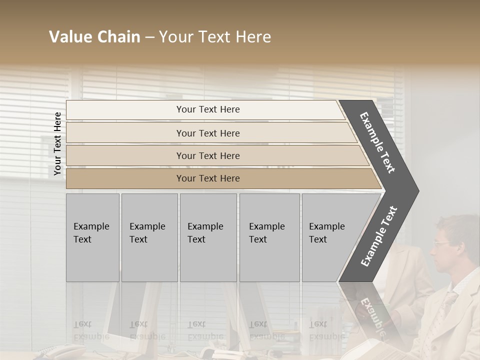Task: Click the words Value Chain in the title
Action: tap(94, 37)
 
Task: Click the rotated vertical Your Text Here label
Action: tap(57, 143)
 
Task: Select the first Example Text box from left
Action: tap(92, 237)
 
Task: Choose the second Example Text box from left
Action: tap(149, 237)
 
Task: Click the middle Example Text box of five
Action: tap(208, 237)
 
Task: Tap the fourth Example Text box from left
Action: tap(269, 237)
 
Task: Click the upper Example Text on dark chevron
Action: tap(377, 143)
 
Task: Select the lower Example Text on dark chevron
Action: tap(378, 236)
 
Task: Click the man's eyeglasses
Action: tap(441, 244)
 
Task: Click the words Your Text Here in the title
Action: tap(215, 37)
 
